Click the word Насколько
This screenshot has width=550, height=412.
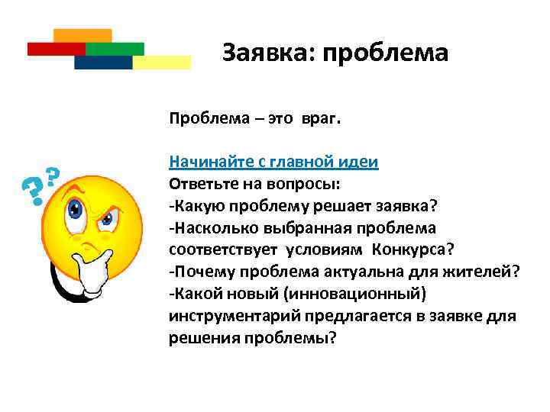[x=209, y=228]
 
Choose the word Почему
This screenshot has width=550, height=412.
[x=197, y=272]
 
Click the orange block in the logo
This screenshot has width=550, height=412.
[x=83, y=35]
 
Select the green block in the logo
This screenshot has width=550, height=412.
[x=115, y=49]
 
